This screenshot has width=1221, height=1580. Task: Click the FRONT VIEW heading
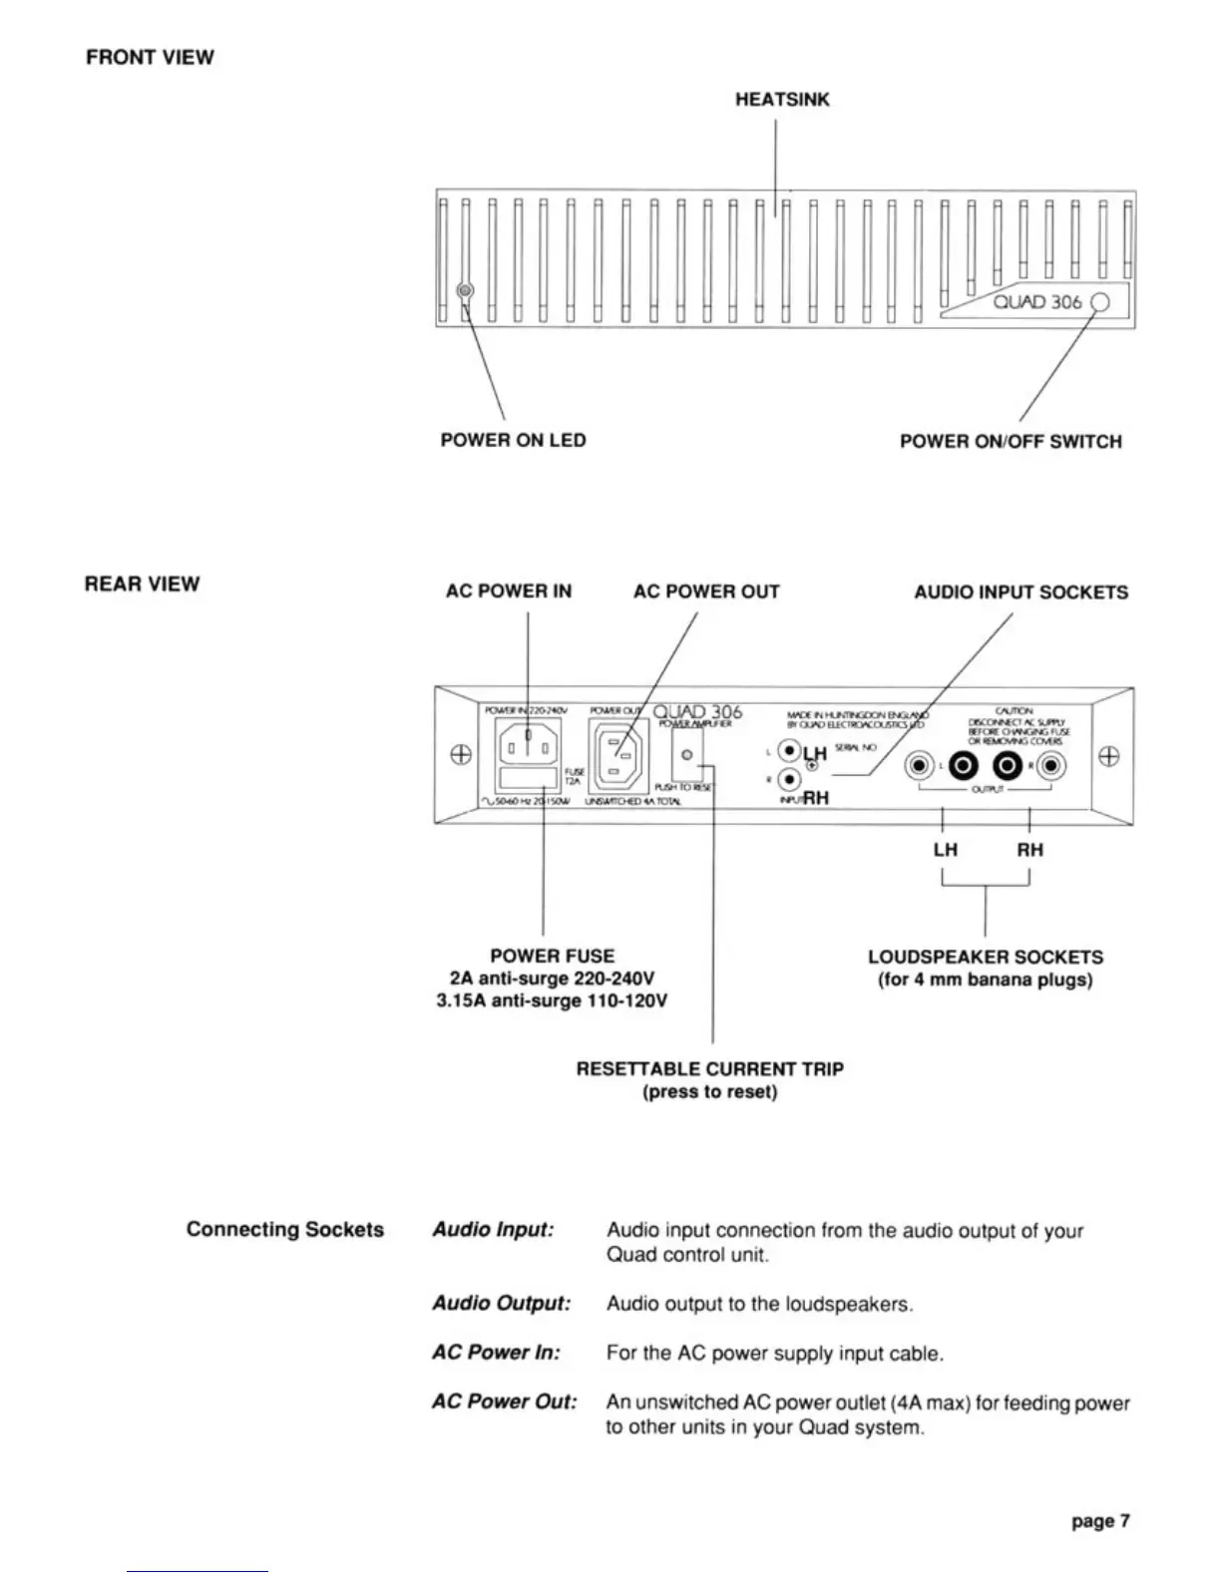click(150, 57)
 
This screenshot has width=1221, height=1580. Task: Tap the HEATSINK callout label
click(782, 100)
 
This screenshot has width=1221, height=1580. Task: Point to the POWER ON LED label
click(513, 440)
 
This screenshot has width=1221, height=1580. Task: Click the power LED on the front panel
click(465, 290)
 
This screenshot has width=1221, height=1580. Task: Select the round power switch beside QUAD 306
click(1099, 302)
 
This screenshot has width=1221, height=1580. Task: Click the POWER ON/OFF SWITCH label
click(1010, 441)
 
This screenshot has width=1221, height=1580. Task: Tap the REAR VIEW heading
click(142, 584)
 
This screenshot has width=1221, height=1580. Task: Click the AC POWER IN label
click(509, 592)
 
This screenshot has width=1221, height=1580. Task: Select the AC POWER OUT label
click(706, 592)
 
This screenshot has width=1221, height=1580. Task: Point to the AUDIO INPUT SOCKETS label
click(1020, 592)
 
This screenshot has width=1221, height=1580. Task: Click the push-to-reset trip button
click(686, 754)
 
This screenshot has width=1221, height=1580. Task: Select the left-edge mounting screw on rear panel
click(461, 755)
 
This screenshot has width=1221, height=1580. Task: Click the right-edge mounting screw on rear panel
click(1108, 755)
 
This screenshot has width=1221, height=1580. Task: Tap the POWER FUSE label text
click(552, 956)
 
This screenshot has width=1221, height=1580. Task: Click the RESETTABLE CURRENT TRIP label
click(709, 1069)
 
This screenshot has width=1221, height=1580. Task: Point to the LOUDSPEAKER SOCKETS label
click(985, 957)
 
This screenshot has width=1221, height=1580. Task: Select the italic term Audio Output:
click(501, 1303)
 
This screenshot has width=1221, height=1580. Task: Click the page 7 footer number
click(1100, 1521)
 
